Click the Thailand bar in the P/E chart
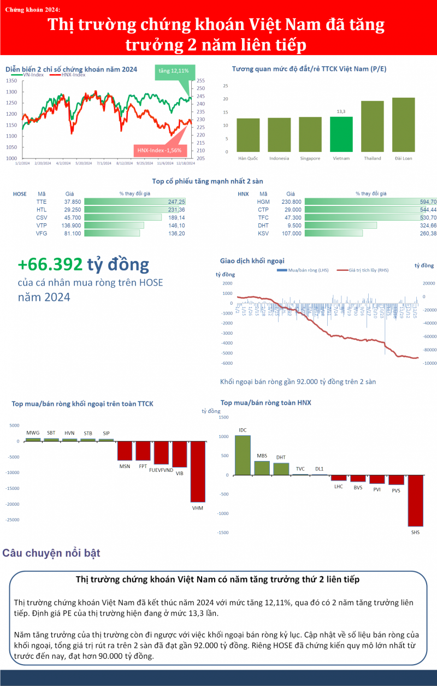point(372,126)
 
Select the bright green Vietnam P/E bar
point(341,134)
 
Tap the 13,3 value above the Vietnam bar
point(341,111)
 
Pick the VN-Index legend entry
point(33,75)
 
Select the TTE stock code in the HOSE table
point(42,201)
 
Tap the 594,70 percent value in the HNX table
point(426,201)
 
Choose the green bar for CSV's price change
point(123,217)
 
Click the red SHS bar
point(415,500)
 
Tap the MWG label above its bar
point(33,433)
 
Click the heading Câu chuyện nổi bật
point(51,553)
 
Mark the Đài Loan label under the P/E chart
point(403,158)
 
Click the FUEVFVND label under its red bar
point(161,470)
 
